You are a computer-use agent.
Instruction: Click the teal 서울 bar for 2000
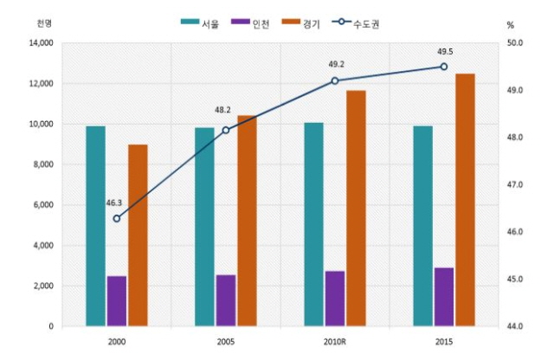95,226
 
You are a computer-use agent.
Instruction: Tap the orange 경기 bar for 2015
466,200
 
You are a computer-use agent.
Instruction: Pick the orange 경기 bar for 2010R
357,209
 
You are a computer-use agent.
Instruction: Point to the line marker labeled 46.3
117,218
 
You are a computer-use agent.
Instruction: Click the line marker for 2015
444,67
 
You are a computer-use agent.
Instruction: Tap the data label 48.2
222,111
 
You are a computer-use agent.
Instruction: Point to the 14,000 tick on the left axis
40,42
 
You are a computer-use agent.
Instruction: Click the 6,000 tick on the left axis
42,205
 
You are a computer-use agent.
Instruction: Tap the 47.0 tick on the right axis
515,185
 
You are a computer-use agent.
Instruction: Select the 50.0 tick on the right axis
515,42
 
